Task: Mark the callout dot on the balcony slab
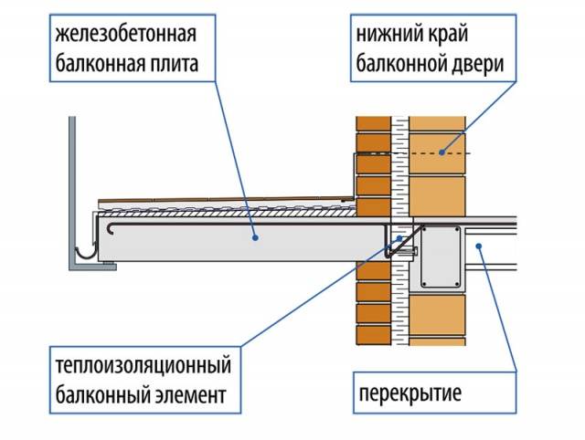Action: click(x=255, y=237)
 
